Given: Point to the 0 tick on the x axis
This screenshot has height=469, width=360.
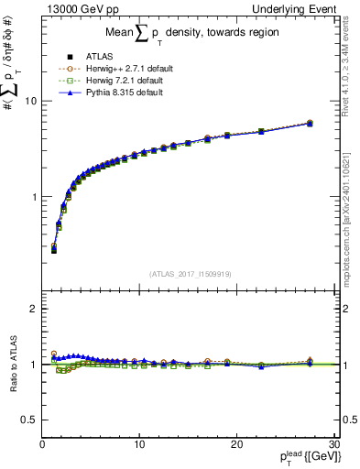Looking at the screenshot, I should (43, 444).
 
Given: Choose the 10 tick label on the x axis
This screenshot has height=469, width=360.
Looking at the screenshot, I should (139, 444).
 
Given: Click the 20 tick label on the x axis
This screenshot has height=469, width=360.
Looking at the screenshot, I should (236, 444).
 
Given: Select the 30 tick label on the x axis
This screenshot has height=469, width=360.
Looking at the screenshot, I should (333, 444).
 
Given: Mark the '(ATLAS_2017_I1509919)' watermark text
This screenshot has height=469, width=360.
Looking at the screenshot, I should (190, 274).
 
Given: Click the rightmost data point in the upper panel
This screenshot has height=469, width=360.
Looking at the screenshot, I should (310, 123).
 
